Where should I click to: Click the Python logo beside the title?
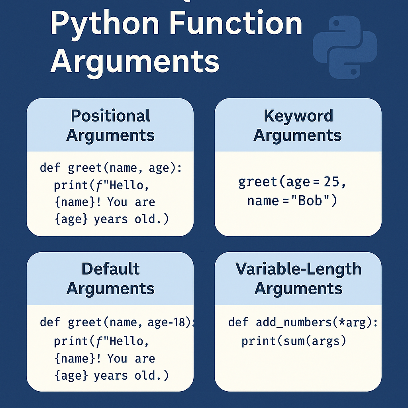pyautogui.click(x=345, y=47)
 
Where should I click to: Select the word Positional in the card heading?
pyautogui.click(x=111, y=116)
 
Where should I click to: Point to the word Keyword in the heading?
pyautogui.click(x=298, y=116)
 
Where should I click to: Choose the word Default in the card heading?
pyautogui.click(x=111, y=269)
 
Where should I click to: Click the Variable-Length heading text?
pyautogui.click(x=298, y=269)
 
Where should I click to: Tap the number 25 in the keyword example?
pyautogui.click(x=331, y=182)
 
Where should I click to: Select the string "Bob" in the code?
pyautogui.click(x=310, y=200)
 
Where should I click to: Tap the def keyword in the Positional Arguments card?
pyautogui.click(x=50, y=168)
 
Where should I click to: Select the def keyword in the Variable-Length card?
pyautogui.click(x=238, y=322)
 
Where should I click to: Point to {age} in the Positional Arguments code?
pyautogui.click(x=71, y=219)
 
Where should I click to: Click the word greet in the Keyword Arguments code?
pyautogui.click(x=258, y=182)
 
